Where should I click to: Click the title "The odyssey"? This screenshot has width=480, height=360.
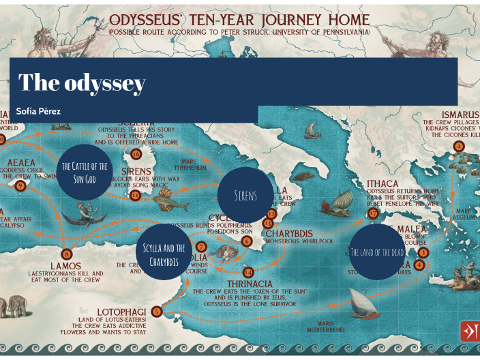pos(82,82)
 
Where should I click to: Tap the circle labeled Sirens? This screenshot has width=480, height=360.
pos(245,195)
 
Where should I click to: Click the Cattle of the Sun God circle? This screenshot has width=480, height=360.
pos(85,172)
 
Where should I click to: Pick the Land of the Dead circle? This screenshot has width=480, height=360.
pos(377,252)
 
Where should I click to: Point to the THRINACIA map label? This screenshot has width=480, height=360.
pos(250,284)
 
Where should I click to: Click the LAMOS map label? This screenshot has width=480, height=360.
pos(65,266)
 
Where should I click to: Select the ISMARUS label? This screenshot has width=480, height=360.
pos(460,114)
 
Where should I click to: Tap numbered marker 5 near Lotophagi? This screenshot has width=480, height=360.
pos(156,312)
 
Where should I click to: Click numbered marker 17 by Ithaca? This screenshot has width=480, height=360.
pos(372,213)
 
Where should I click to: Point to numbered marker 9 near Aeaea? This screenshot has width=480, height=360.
pos(20,185)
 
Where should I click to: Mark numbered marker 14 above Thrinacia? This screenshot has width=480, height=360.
pos(247,271)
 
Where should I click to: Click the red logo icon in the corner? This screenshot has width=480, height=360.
pos(469,331)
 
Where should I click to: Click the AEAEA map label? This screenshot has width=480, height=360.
pos(21,162)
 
